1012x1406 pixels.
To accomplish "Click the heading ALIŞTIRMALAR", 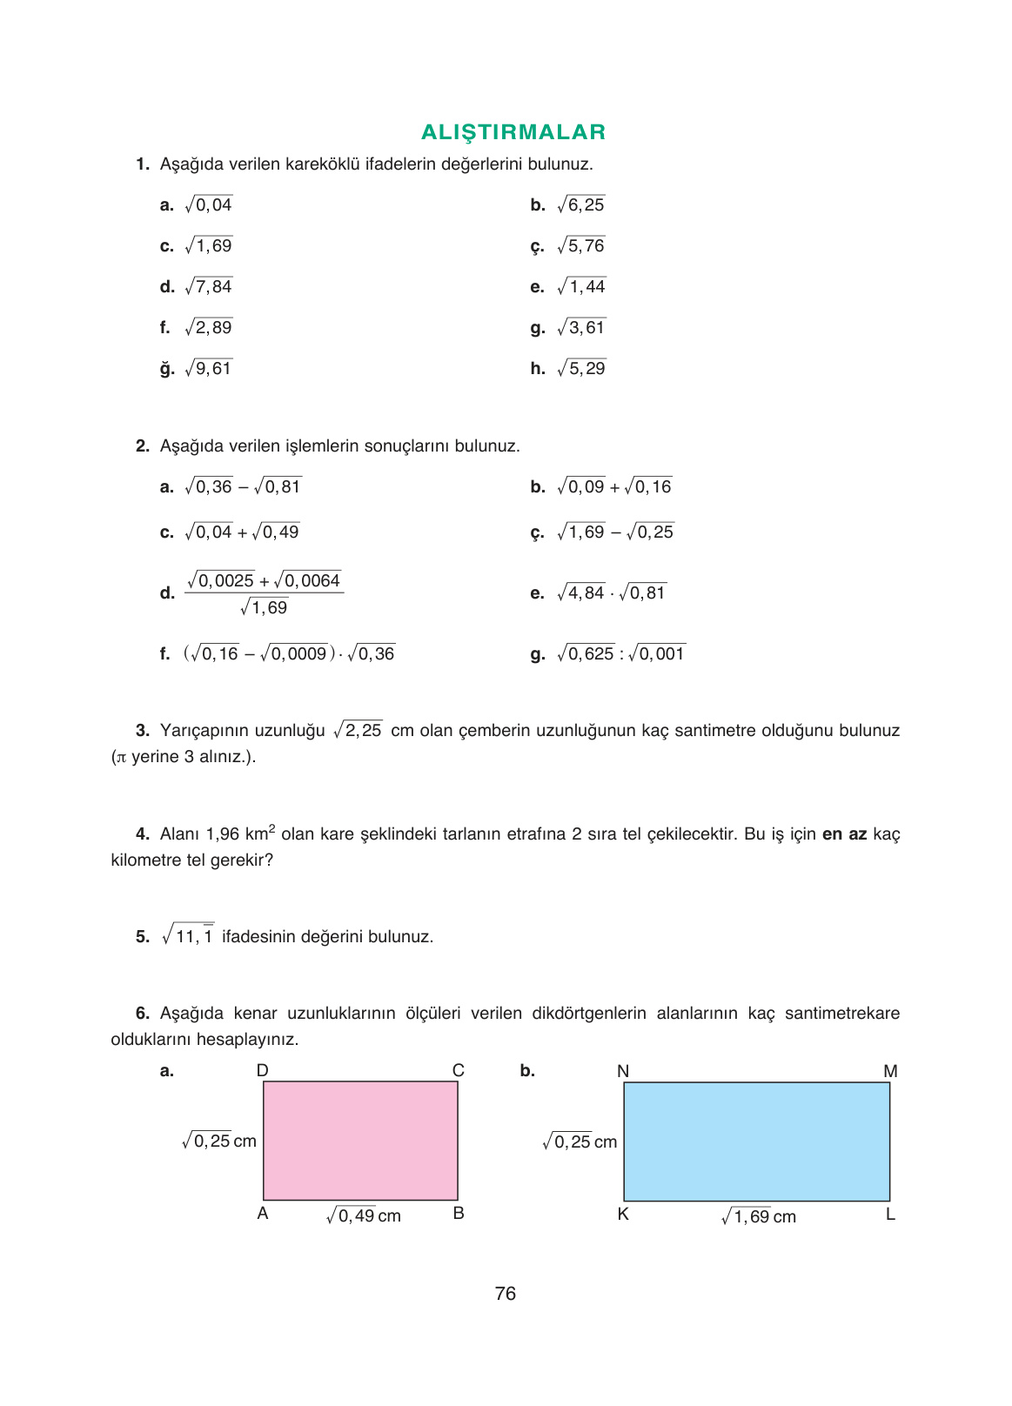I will coord(513,132).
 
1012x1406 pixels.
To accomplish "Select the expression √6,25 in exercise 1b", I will coord(580,204).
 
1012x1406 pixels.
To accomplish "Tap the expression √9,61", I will coord(209,368).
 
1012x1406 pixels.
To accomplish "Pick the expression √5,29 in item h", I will coord(581,368).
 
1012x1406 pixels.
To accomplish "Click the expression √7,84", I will coord(209,286).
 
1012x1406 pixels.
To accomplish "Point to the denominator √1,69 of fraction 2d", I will coord(264,607).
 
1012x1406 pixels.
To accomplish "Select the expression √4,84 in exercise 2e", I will coord(580,593).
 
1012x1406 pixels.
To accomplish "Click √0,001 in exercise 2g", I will coord(656,653).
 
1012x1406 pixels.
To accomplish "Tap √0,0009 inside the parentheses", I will coord(293,653).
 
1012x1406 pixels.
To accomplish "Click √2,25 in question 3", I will coord(358,730).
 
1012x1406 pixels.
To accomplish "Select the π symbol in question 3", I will coord(121,757).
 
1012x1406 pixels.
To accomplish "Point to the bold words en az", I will coord(844,834).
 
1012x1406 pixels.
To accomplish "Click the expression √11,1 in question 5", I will coord(188,935).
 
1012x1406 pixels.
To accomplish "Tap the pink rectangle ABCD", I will coord(360,1141).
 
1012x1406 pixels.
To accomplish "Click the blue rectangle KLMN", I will coord(756,1142).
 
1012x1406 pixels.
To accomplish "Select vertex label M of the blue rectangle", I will coord(889,1071).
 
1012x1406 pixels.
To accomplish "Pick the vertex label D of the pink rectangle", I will coord(262,1070).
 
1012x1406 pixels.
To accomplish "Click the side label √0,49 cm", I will coord(363,1215).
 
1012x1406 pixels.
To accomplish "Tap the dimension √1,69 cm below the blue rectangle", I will coord(758,1216).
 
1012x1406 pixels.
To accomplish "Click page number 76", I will coord(505,1294).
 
